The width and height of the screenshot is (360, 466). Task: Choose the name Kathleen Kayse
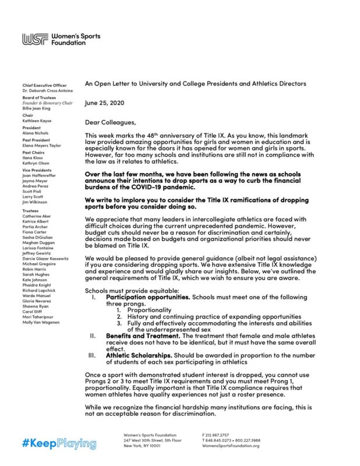click(x=37, y=121)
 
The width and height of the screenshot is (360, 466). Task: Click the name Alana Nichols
click(x=36, y=133)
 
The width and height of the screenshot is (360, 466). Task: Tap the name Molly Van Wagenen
click(x=41, y=322)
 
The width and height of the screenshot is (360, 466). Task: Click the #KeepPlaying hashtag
click(x=59, y=444)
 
